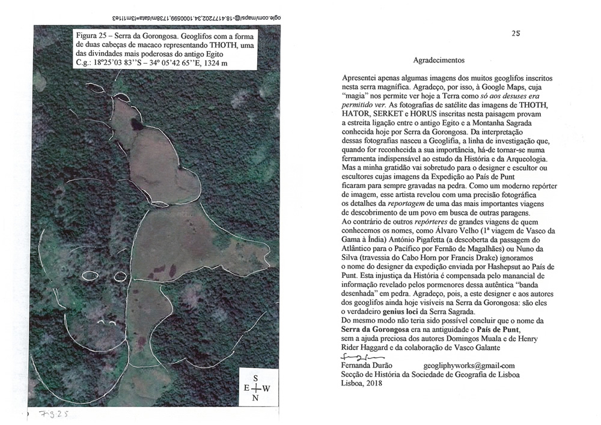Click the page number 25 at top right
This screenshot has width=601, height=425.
[516, 34]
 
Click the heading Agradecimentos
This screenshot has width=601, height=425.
[439, 60]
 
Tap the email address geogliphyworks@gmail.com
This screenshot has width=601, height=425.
[469, 365]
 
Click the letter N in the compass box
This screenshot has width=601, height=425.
[256, 399]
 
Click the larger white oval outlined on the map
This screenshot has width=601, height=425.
[90, 276]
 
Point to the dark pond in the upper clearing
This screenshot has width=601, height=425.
[135, 125]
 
